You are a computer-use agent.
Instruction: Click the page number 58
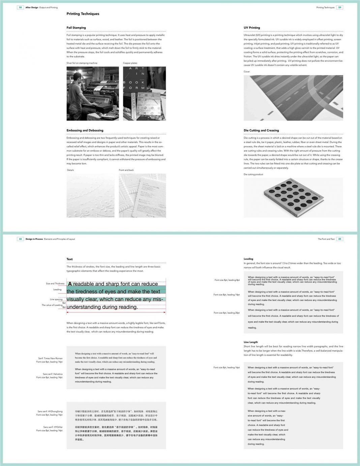(20, 7)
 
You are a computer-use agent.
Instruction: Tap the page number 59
(339, 7)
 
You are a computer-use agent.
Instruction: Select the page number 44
(20, 239)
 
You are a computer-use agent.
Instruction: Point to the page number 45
(339, 239)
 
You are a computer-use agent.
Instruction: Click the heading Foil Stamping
(76, 28)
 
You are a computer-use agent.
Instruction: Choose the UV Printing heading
(252, 28)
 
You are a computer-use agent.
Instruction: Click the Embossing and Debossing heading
(85, 130)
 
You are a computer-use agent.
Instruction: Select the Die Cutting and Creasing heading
(261, 130)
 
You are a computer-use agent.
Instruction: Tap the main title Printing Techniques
(83, 14)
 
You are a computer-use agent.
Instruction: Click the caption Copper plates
(130, 63)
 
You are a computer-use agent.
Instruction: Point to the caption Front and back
(126, 170)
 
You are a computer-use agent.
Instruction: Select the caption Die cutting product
(253, 174)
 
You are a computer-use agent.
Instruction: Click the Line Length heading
(250, 342)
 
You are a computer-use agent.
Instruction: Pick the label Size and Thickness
(55, 283)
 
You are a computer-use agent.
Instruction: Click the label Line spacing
(56, 299)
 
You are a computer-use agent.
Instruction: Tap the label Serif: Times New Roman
(50, 358)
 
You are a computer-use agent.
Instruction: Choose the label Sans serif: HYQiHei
(53, 427)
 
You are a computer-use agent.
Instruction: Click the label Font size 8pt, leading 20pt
(227, 313)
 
